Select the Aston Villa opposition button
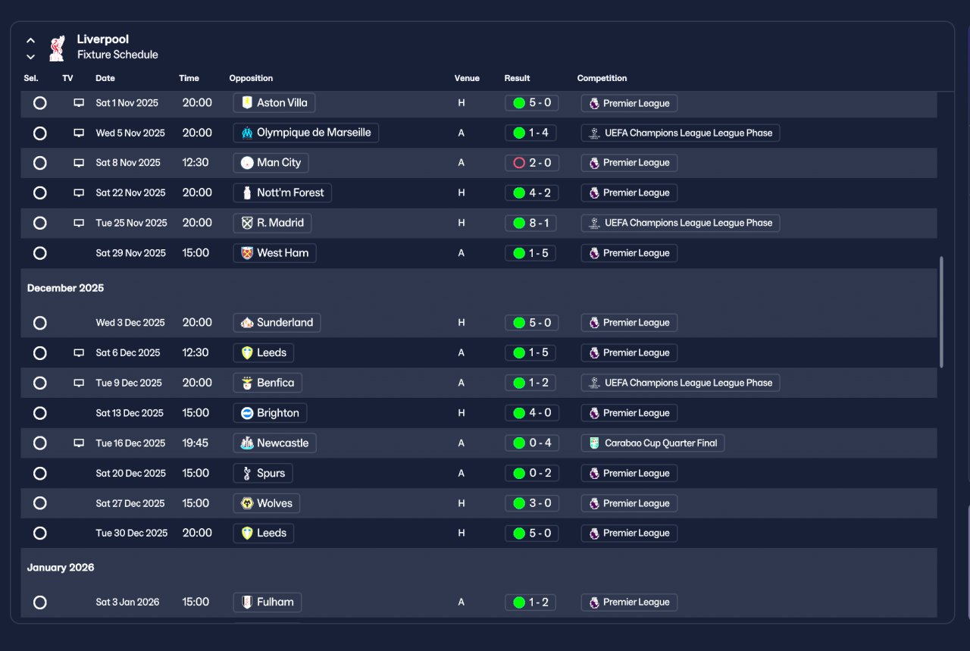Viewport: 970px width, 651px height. [274, 103]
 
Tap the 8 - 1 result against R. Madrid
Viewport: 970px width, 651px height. [531, 224]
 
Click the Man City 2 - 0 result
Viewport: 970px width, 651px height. [531, 163]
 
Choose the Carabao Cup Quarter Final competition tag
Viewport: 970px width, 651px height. [652, 443]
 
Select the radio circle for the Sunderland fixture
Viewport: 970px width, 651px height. [40, 323]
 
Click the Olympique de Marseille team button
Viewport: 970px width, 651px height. [305, 133]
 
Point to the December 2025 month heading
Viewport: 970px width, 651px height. [66, 288]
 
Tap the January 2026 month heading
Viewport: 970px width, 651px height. [61, 568]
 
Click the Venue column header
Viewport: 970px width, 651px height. [467, 78]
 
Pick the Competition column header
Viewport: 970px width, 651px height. [602, 78]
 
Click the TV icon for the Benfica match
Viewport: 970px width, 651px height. [79, 383]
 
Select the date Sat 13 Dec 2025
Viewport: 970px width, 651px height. [130, 413]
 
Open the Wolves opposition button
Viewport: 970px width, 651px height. [266, 503]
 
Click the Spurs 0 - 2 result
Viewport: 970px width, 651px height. [531, 474]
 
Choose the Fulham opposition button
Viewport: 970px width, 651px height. [267, 602]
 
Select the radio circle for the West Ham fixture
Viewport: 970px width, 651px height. [40, 253]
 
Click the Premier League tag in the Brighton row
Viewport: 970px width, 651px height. [629, 413]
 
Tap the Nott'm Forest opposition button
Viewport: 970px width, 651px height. [282, 193]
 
